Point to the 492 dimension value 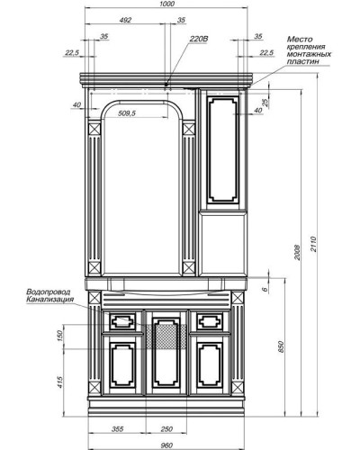(125, 19)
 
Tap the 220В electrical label (199, 40)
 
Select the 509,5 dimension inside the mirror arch (133, 113)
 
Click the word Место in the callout (300, 40)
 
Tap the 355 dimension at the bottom (118, 429)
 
